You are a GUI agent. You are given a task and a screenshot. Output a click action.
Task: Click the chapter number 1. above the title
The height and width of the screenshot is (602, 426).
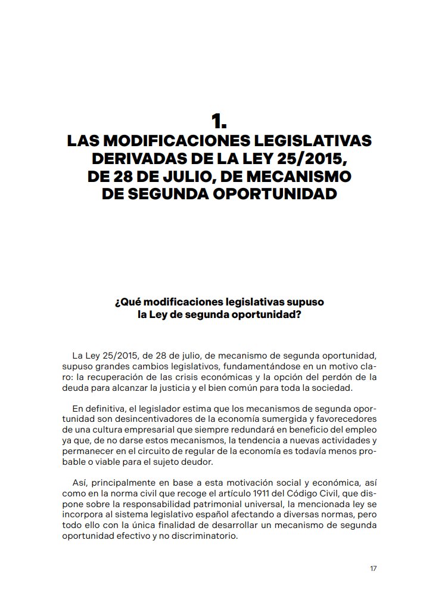219,122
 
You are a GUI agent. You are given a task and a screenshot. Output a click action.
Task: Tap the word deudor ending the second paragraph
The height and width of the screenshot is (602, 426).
200,462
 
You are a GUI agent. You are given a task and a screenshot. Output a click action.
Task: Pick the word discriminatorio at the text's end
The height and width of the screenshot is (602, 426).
201,536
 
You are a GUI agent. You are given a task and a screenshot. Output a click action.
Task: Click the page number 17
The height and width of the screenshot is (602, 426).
373,569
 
